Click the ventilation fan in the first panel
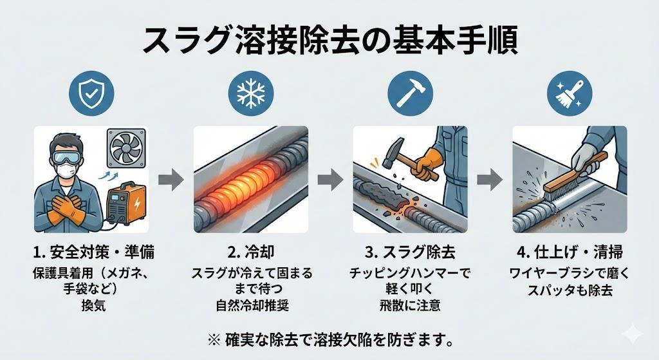(x=125, y=149)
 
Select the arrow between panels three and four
(x=490, y=180)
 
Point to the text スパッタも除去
(x=569, y=289)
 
